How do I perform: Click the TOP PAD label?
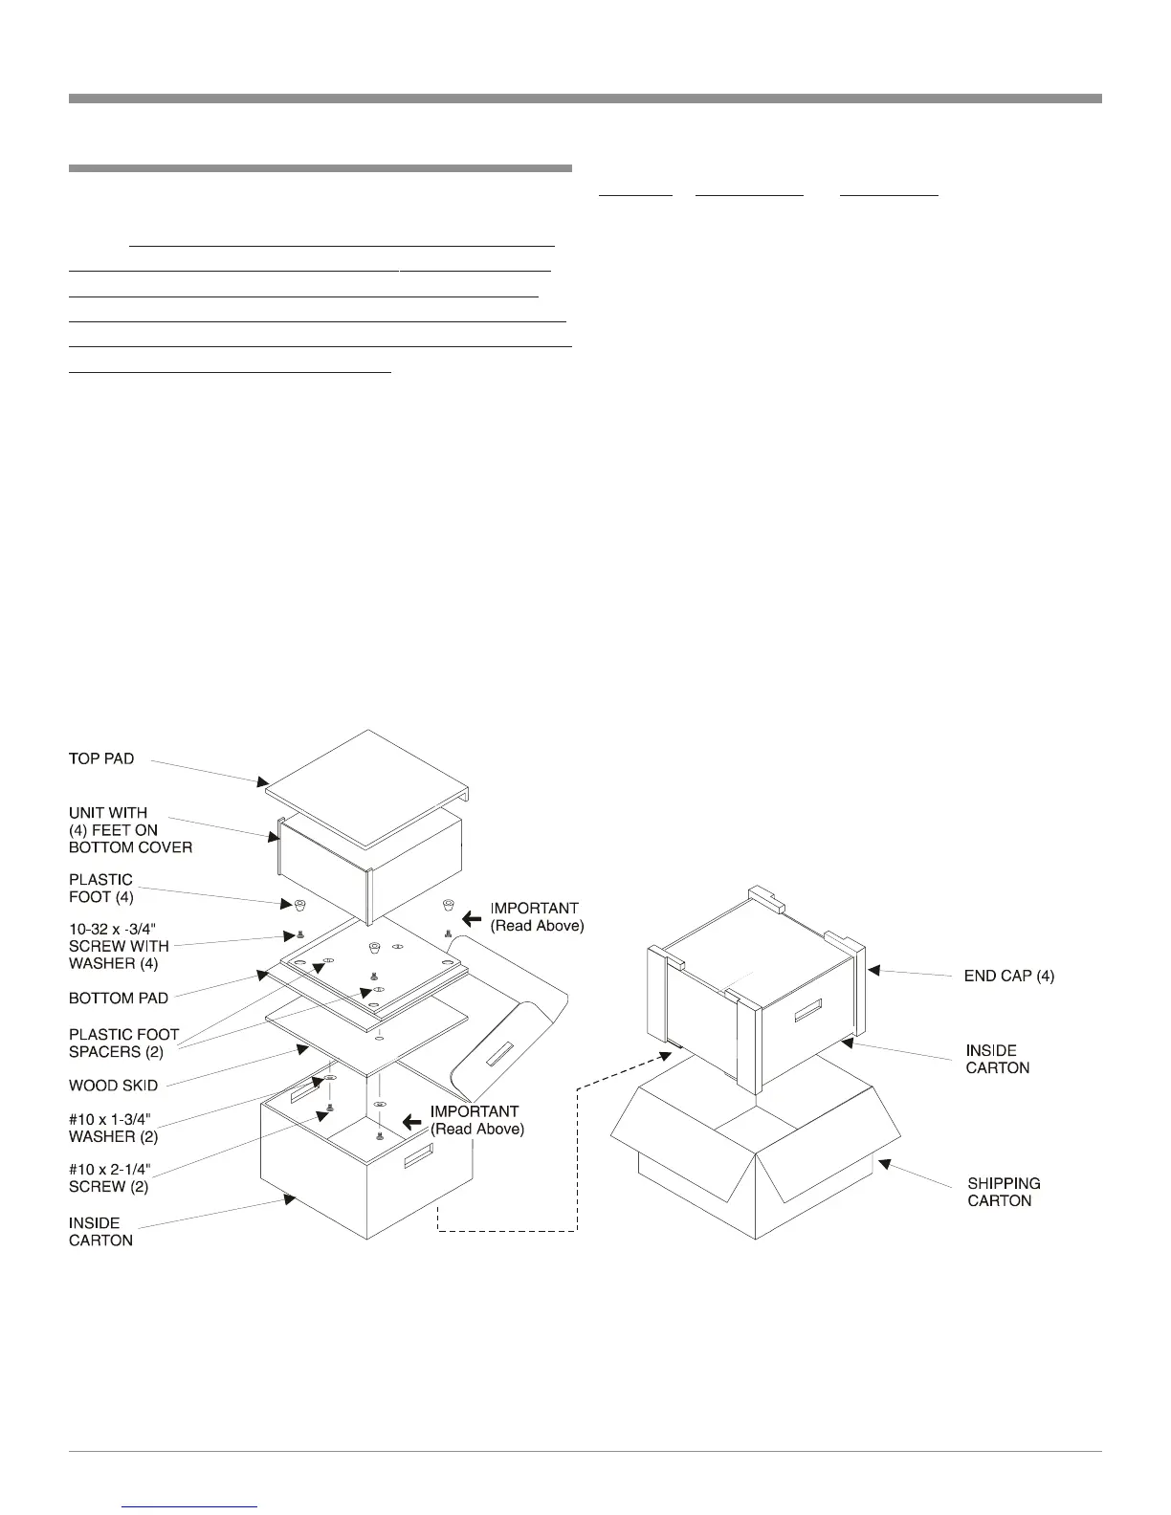pos(101,758)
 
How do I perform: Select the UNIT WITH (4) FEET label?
pos(130,829)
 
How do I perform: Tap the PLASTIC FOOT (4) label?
pos(100,888)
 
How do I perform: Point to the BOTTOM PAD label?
pos(118,998)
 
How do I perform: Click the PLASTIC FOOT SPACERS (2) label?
pos(123,1043)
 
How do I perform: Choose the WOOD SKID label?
pos(113,1086)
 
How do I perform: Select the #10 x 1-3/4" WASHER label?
pos(113,1127)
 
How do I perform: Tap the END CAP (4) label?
pos(1008,976)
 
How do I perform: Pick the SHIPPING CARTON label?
pos(1004,1192)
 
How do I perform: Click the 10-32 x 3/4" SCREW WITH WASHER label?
pos(119,946)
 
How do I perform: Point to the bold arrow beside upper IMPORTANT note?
pos(471,919)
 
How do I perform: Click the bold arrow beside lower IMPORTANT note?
pos(411,1121)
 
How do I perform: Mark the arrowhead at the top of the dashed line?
pos(671,1054)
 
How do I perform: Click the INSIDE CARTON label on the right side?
pos(997,1059)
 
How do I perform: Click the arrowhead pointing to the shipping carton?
pos(883,1163)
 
